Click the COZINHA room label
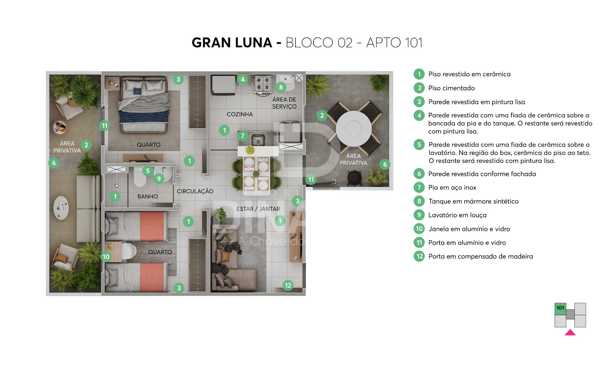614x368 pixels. (240, 114)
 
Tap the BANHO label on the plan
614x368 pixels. (147, 196)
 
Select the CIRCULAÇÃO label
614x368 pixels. (195, 191)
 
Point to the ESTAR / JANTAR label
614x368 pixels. (258, 209)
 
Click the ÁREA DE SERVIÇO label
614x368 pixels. (284, 103)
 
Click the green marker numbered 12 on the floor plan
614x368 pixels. (288, 285)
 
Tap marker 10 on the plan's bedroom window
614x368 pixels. (106, 257)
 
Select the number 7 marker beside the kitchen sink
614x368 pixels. (243, 136)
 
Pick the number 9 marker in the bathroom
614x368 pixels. (159, 179)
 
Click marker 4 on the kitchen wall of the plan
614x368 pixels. (243, 79)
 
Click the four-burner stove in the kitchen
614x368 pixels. (263, 85)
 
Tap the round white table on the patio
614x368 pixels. (353, 128)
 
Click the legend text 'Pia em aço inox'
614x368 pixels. (452, 188)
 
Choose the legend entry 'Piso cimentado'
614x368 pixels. (452, 88)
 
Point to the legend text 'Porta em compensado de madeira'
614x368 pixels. (481, 256)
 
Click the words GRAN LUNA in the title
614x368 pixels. (232, 42)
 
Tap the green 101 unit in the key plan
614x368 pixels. (560, 309)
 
